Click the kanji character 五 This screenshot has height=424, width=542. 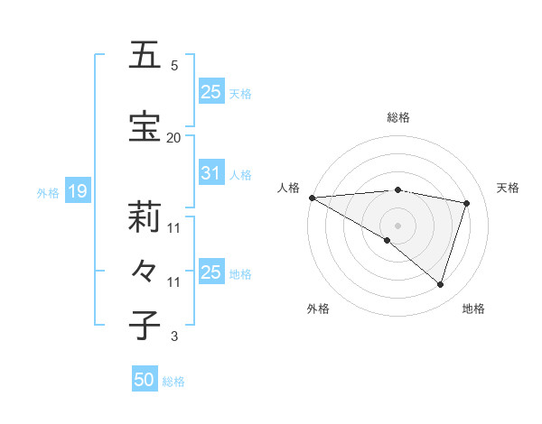[x=145, y=55]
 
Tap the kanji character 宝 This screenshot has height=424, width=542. [x=145, y=127]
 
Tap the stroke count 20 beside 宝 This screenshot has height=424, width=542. [x=173, y=137]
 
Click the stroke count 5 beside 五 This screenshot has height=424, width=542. [x=173, y=65]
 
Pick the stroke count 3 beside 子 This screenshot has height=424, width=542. [x=173, y=336]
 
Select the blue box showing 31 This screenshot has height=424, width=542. [x=210, y=173]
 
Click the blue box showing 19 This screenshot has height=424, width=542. [x=77, y=191]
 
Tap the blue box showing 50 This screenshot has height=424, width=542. [x=145, y=380]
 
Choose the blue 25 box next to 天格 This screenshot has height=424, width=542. [x=210, y=92]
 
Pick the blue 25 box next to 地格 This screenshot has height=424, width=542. [x=210, y=272]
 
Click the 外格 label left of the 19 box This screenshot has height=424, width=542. [x=48, y=192]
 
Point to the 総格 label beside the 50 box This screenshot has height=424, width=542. [x=173, y=382]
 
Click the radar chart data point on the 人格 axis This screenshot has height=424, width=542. [x=312, y=197]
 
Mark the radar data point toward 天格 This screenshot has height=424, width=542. [x=467, y=203]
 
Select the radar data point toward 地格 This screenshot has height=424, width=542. [x=440, y=284]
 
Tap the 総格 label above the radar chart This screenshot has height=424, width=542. [x=397, y=117]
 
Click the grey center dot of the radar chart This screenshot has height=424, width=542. [x=397, y=225]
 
